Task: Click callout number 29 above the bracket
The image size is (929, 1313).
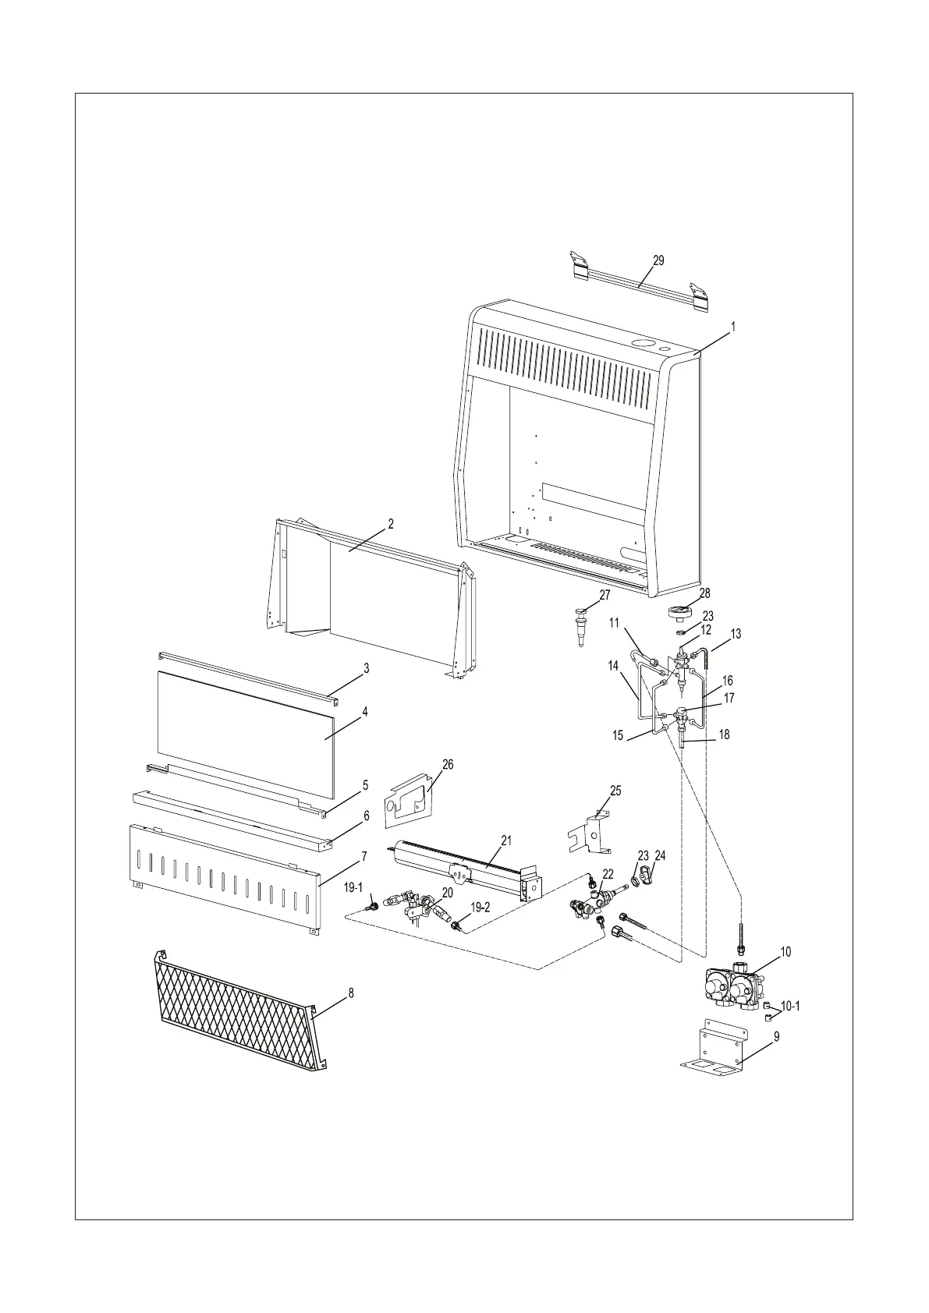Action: (658, 260)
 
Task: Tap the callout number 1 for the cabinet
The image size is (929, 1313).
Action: (732, 328)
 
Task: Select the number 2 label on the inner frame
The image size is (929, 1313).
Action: (390, 524)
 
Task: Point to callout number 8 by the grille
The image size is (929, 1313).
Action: (350, 993)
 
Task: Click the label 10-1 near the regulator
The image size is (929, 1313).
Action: (789, 1007)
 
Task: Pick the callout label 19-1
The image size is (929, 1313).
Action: (353, 887)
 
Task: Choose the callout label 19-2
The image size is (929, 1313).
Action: (480, 907)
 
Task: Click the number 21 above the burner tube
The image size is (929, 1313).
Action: (506, 840)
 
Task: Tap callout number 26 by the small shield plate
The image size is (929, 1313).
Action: (448, 765)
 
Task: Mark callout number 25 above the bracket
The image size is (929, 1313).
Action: (615, 791)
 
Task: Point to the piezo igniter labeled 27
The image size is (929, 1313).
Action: (582, 622)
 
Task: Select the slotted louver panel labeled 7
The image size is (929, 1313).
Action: (224, 880)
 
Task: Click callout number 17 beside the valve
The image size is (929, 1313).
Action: (729, 699)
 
